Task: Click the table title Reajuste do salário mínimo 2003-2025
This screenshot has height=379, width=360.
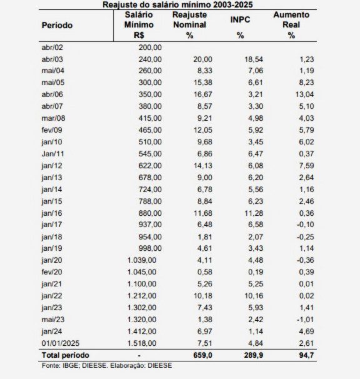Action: (182, 4)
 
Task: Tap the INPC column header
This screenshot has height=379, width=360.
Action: (241, 20)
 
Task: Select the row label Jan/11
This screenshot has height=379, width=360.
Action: (52, 152)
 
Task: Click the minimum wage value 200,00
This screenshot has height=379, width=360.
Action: (150, 47)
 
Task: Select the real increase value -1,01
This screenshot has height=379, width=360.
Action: (302, 320)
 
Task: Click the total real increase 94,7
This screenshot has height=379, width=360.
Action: (303, 355)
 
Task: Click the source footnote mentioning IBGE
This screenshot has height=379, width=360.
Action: (106, 365)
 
